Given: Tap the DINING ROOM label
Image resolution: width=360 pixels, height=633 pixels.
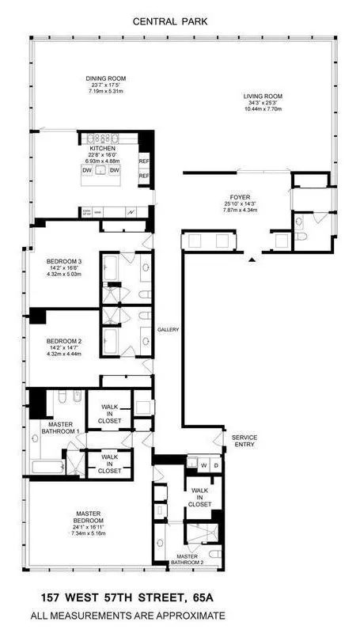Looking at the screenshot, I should pyautogui.click(x=105, y=79).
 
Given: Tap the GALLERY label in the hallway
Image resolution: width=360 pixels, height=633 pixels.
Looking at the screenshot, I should pyautogui.click(x=168, y=329).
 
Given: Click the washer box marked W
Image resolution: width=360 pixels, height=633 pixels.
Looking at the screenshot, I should pyautogui.click(x=203, y=464).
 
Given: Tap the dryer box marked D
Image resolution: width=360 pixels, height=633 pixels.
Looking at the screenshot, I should pyautogui.click(x=215, y=464).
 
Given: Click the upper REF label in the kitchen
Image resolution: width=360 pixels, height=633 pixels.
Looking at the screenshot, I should pyautogui.click(x=144, y=161).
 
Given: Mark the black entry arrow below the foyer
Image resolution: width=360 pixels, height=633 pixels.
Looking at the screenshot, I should pyautogui.click(x=252, y=259).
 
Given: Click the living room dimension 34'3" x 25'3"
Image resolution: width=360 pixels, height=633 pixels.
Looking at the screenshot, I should pyautogui.click(x=263, y=104).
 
